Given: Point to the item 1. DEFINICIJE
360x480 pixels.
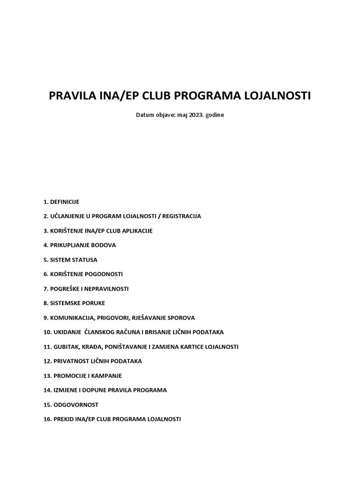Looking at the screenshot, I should click(x=61, y=202).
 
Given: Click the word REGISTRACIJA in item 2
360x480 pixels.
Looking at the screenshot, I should click(x=180, y=217).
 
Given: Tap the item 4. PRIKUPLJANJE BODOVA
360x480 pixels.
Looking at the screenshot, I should click(x=79, y=245).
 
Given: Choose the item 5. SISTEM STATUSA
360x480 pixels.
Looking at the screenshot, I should click(x=70, y=260).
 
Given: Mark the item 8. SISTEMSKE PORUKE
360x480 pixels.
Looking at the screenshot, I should click(x=74, y=303).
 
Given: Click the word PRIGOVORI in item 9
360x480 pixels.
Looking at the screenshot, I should click(x=123, y=318).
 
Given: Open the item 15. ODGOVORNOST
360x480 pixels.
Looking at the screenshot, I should click(x=70, y=405).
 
